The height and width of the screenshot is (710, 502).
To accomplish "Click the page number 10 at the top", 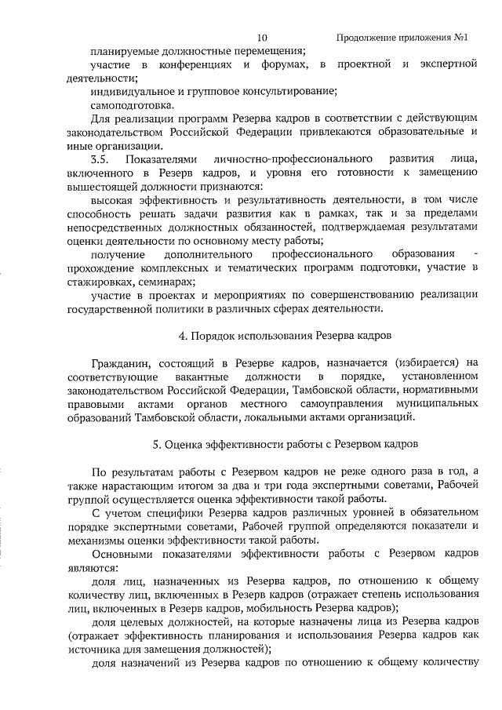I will [x=262, y=37].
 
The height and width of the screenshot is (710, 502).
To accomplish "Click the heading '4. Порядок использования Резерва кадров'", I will [x=274, y=336].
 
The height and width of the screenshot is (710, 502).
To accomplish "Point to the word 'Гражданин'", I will [x=119, y=363].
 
